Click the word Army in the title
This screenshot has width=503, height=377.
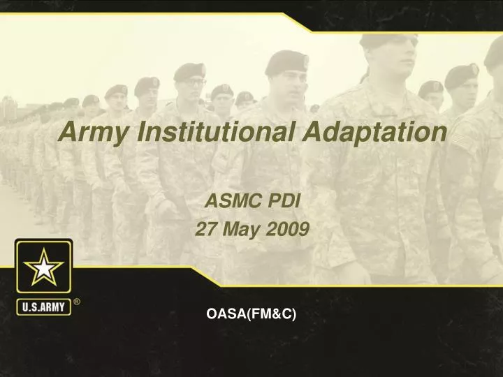[90, 131]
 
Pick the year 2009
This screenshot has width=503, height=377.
[289, 229]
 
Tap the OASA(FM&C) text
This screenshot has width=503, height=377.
[251, 315]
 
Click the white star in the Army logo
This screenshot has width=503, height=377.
[43, 267]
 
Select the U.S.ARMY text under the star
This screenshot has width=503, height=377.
[43, 306]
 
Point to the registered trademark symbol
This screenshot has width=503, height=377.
[77, 302]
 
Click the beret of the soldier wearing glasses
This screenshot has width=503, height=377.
[189, 70]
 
